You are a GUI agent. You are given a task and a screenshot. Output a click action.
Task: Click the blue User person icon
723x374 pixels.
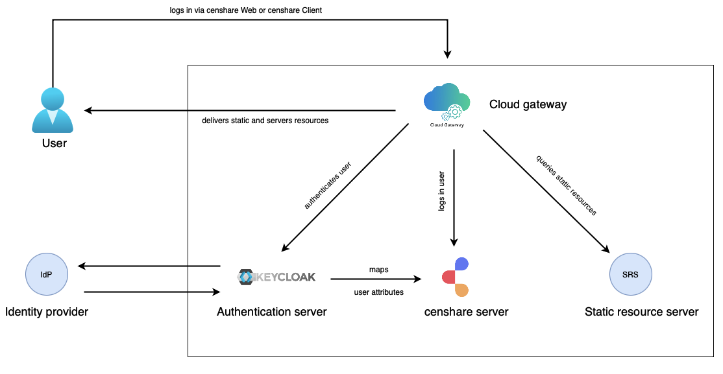point(53,110)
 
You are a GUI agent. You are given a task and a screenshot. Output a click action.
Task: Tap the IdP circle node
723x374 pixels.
point(46,275)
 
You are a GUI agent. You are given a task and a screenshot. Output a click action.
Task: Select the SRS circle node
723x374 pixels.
point(630,275)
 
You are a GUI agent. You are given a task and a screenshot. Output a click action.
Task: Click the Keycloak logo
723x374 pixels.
point(276,277)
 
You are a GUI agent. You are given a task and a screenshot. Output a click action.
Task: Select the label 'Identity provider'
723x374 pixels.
point(47,312)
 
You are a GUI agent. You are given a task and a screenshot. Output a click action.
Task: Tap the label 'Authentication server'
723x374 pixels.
point(272,312)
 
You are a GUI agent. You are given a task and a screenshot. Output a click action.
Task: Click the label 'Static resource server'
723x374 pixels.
point(641,312)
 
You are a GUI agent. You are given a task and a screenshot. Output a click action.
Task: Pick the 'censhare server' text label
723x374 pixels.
point(466,312)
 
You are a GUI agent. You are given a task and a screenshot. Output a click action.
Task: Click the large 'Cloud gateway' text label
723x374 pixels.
point(528,104)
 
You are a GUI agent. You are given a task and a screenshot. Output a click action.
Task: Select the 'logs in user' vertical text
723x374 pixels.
point(441,191)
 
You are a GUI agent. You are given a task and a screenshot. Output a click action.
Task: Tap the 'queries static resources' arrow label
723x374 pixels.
point(566,185)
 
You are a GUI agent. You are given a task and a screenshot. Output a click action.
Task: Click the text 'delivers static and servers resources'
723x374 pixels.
point(265,121)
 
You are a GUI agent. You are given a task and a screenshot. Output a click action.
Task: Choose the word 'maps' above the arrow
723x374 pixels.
point(378,269)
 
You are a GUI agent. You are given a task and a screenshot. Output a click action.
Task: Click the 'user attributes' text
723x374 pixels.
point(378,292)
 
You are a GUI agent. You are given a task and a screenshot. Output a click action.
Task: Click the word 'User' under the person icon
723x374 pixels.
point(55,143)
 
